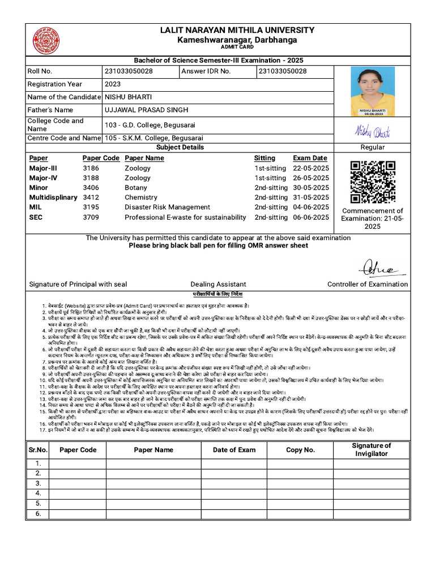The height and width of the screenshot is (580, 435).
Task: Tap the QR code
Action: click(x=372, y=182)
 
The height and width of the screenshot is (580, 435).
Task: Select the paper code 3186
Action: click(x=91, y=168)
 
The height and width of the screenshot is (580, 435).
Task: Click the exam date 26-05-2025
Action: click(x=310, y=178)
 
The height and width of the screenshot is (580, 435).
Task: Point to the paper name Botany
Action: click(x=136, y=187)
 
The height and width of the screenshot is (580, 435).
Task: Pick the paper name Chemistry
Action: click(x=141, y=198)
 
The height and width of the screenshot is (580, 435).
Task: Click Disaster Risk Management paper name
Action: click(x=167, y=207)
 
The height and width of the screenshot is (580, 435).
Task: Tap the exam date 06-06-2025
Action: click(x=310, y=217)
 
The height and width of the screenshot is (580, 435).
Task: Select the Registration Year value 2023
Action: click(x=113, y=84)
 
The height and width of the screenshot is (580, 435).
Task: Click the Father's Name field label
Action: click(x=50, y=110)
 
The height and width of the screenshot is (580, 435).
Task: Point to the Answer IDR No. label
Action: click(x=206, y=71)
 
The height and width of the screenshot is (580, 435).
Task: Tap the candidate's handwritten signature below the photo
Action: click(x=372, y=131)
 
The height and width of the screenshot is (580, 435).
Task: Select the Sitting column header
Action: click(x=265, y=158)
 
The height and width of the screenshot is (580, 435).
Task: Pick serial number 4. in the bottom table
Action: click(x=39, y=493)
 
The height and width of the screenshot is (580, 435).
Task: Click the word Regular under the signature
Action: click(x=372, y=147)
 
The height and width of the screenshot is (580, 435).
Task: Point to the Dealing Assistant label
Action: click(x=218, y=284)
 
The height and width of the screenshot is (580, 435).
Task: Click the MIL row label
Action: click(x=36, y=207)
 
